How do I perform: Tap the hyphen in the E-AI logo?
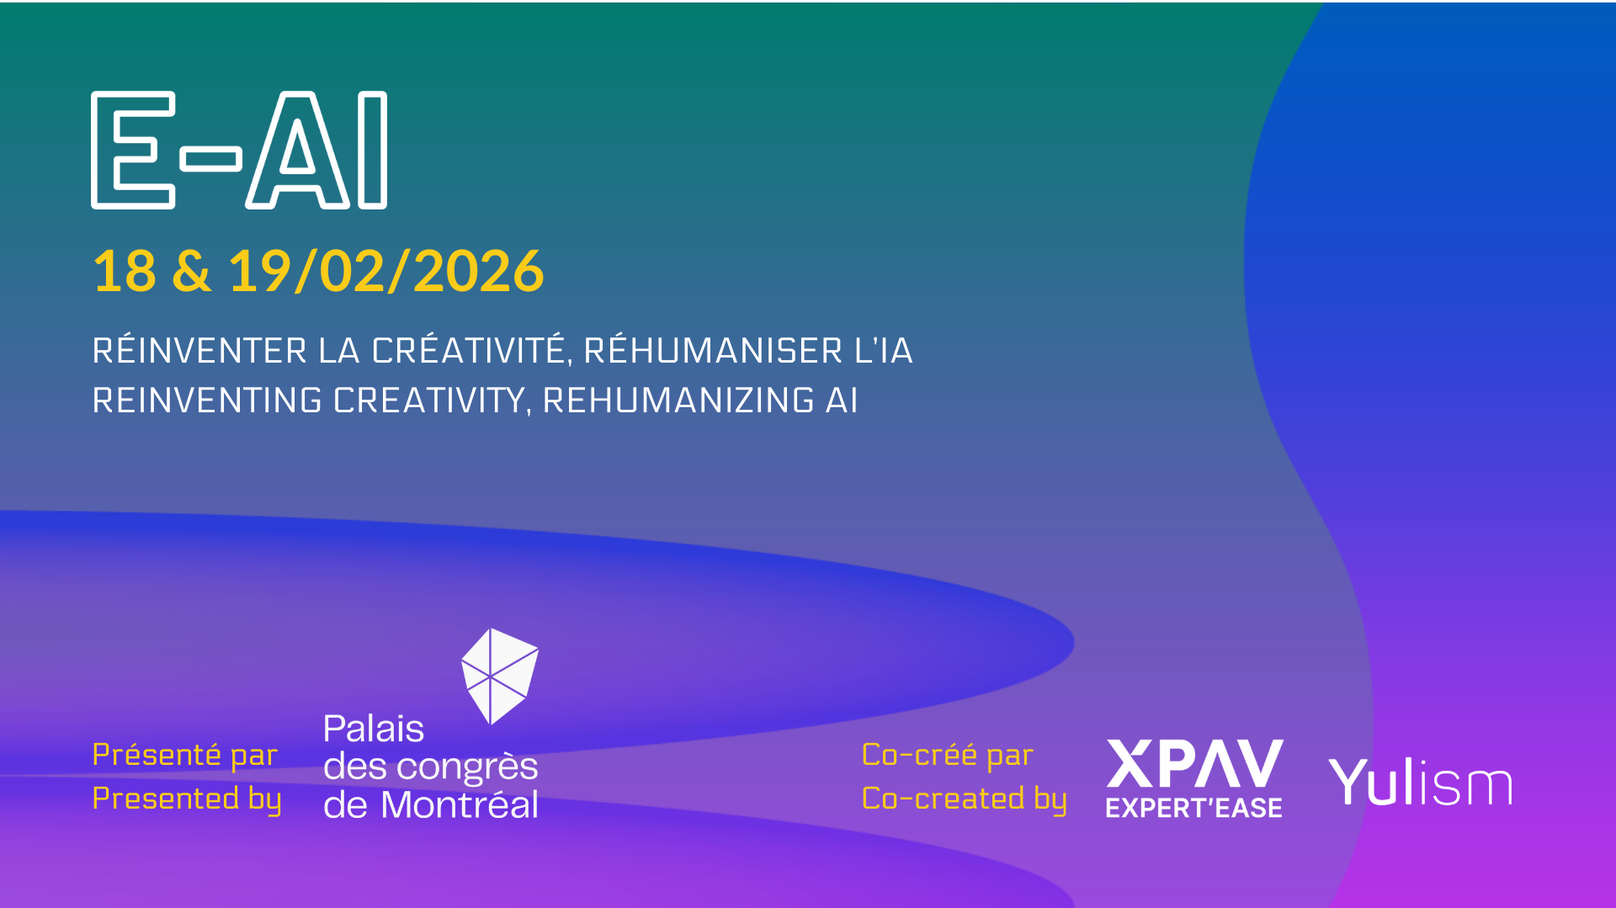point(211,158)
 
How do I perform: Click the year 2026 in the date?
point(478,271)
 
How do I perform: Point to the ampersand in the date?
point(192,271)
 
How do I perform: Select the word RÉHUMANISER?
point(713,349)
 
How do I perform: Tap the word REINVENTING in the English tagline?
point(207,401)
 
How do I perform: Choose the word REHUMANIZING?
point(678,401)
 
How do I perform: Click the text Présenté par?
point(185,755)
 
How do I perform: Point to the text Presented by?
point(187,799)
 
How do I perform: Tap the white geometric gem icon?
point(500,676)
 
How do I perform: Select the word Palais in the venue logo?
point(374,729)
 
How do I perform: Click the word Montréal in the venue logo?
point(460,804)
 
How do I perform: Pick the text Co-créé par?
point(948,755)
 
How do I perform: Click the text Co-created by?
point(965,799)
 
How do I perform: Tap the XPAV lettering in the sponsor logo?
point(1194,763)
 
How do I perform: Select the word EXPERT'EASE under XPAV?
point(1194,808)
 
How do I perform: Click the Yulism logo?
point(1420,783)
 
